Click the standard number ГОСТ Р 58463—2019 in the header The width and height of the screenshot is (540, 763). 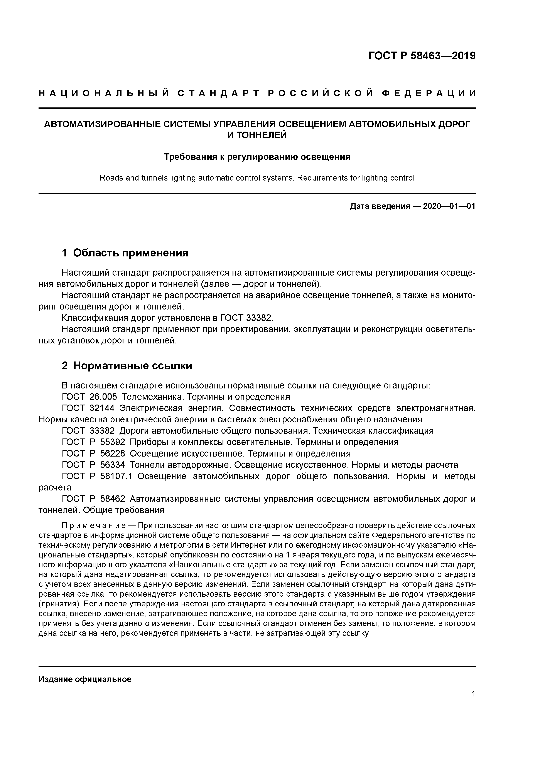tap(422, 55)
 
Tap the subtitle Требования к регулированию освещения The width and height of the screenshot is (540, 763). tap(257, 157)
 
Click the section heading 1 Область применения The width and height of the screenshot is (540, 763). tap(125, 253)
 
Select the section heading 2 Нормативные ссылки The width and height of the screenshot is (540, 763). tap(127, 366)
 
